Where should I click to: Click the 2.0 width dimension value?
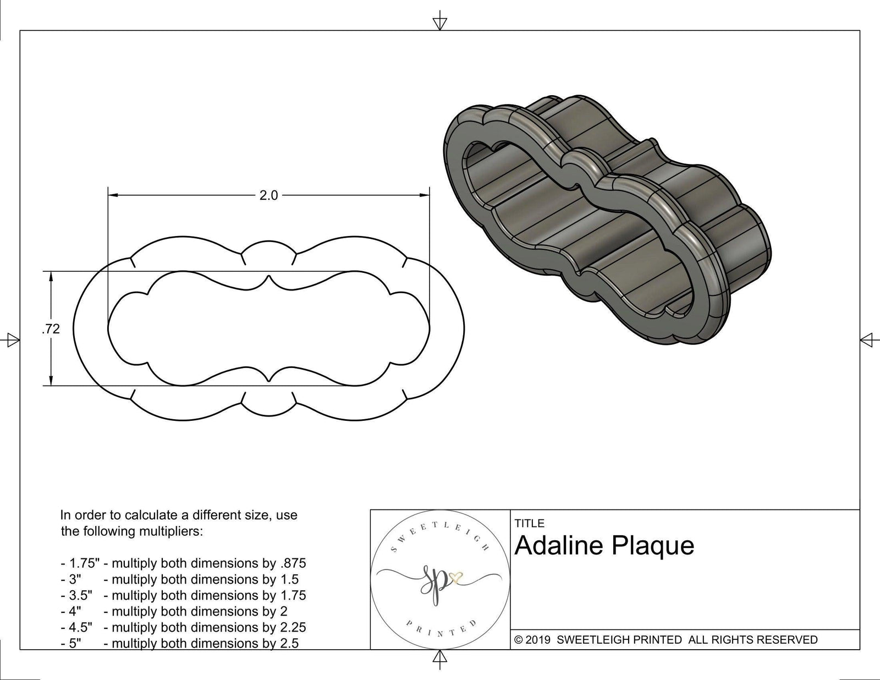click(268, 195)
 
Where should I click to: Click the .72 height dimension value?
click(51, 329)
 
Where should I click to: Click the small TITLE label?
click(529, 523)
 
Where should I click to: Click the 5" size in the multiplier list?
click(74, 643)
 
